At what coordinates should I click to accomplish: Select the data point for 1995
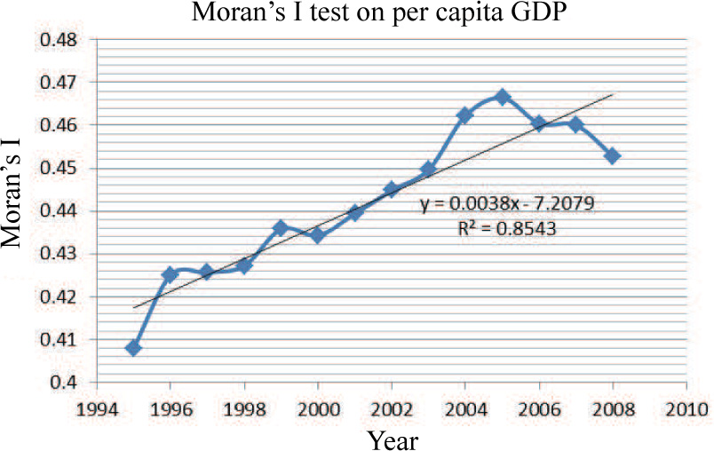pyautogui.click(x=133, y=348)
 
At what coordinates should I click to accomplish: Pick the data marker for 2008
pyautogui.click(x=612, y=156)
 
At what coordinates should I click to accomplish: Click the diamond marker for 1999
pyautogui.click(x=281, y=228)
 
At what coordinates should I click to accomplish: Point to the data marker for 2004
pyautogui.click(x=464, y=115)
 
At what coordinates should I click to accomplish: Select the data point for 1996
pyautogui.click(x=170, y=274)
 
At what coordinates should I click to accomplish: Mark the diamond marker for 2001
pyautogui.click(x=354, y=212)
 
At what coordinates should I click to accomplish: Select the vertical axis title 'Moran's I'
pyautogui.click(x=17, y=209)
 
